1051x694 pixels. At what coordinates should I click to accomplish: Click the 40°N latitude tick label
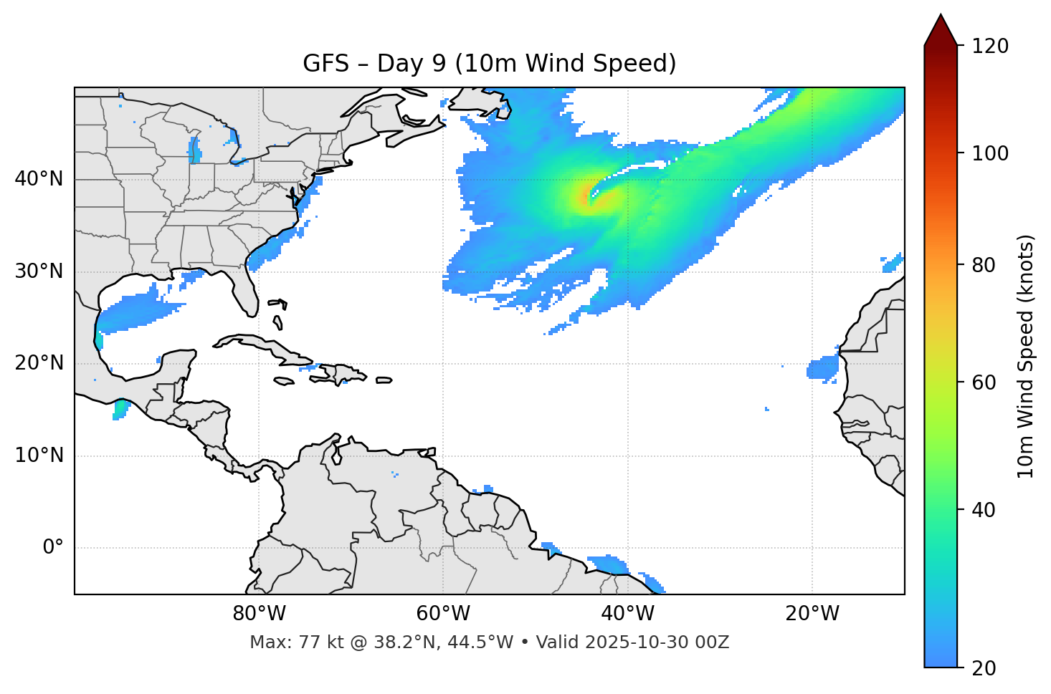point(39,179)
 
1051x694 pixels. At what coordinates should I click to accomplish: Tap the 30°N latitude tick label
point(39,271)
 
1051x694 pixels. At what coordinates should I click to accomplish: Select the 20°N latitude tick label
point(39,363)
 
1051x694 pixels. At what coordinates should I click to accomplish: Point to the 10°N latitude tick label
point(39,456)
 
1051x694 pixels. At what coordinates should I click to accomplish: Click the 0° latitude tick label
point(53,548)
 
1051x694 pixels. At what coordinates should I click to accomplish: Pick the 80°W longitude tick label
point(259,614)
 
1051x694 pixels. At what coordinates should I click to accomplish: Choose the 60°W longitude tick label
point(443,614)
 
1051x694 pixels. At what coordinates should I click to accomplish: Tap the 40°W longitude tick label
point(628,614)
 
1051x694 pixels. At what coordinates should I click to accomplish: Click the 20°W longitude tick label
point(812,614)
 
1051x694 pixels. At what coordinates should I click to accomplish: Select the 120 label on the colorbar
point(989,47)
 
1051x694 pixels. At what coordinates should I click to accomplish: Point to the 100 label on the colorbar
point(989,153)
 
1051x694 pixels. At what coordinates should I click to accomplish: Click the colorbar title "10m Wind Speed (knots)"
point(1026,356)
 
